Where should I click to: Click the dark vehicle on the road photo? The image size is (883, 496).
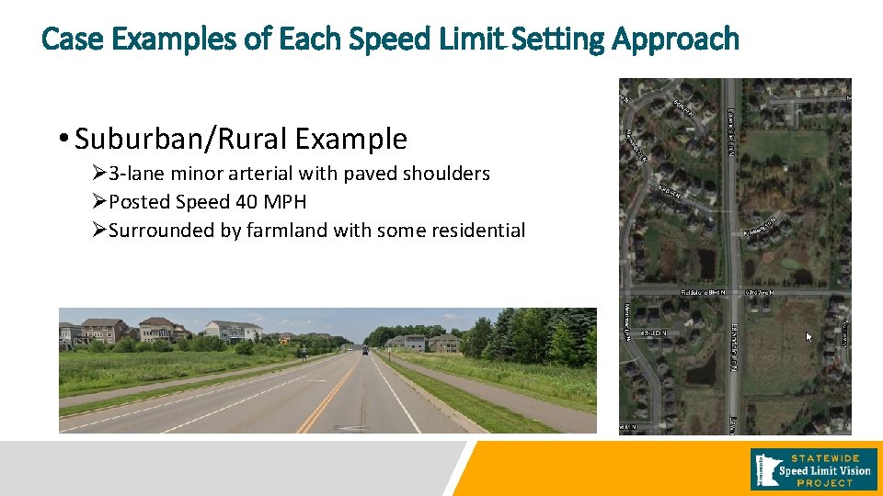(365, 351)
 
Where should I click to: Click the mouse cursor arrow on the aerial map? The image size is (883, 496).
(808, 337)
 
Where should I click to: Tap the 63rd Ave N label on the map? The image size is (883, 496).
(758, 292)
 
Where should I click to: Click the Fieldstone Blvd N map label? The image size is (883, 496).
(704, 292)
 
